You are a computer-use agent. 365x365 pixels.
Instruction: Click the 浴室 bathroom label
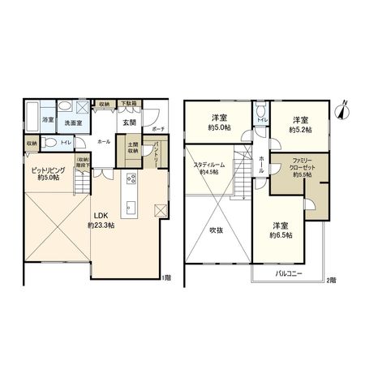[47, 120]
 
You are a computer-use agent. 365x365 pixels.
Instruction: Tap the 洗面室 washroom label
[72, 120]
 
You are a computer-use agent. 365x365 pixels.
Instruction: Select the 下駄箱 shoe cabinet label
[129, 105]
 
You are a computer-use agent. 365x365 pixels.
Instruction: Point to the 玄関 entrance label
[129, 122]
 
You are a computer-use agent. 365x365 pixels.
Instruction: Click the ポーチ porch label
[158, 129]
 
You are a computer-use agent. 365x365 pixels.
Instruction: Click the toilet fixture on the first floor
[49, 141]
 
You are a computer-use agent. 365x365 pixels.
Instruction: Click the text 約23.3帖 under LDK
[102, 225]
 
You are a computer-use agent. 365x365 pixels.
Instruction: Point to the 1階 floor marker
[166, 278]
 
